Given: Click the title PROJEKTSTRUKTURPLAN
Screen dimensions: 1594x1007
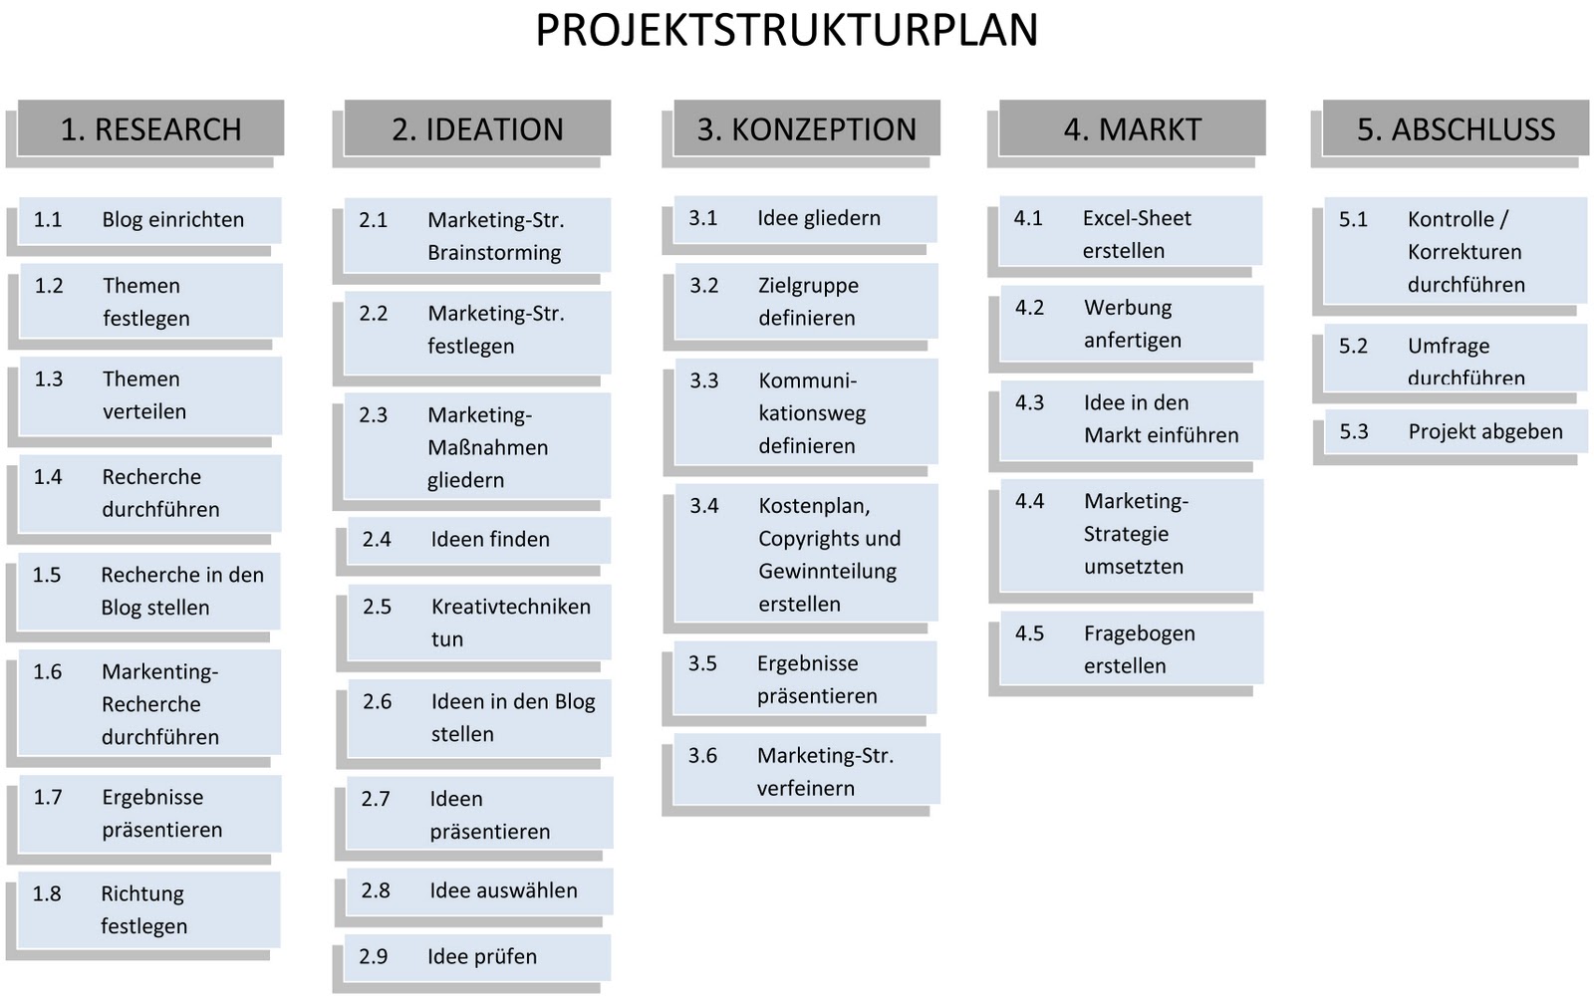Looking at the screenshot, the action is tap(786, 31).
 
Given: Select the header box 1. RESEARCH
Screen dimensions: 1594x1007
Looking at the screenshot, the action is tap(150, 129).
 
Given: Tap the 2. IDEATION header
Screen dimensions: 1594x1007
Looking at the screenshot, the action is tap(477, 129).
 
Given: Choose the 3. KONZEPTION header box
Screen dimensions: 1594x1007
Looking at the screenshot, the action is tap(806, 129).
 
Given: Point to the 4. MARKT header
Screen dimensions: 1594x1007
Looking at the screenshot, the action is tap(1132, 129).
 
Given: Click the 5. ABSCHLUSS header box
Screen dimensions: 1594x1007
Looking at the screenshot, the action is tap(1456, 129).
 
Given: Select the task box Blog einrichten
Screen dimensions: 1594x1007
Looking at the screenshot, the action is tap(149, 220).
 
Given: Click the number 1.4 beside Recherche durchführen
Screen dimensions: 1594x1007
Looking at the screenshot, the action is tap(48, 477).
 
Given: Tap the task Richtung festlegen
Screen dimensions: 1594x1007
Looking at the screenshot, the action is tap(149, 909).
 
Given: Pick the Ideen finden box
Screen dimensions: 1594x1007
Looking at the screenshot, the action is tap(478, 540).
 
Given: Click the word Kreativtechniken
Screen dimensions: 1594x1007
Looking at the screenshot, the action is tap(510, 607).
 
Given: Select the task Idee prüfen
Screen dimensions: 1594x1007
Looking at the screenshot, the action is tap(477, 957).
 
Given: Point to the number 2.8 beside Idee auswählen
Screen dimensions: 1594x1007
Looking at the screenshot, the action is tap(376, 890).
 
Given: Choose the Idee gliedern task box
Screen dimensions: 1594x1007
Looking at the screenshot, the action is tap(805, 218).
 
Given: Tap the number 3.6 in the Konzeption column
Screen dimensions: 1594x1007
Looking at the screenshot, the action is tap(702, 756).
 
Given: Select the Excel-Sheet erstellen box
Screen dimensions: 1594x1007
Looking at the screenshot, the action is tap(1131, 233).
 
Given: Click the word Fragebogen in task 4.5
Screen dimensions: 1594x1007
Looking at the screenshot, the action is tap(1139, 633).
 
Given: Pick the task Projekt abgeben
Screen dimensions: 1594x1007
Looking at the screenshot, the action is tap(1456, 432).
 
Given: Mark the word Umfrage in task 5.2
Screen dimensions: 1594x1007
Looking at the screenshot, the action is tap(1449, 347).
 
